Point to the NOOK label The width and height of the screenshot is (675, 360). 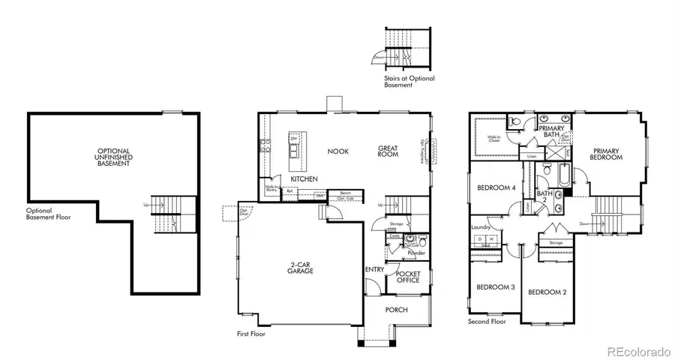pos(338,151)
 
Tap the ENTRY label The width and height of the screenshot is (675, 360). pos(374,270)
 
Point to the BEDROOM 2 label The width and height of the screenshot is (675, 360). pos(546,292)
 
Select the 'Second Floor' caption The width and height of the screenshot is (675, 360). pos(487,322)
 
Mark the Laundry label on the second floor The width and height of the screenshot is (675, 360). pos(481,227)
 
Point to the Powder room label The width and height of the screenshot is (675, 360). pos(416,253)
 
